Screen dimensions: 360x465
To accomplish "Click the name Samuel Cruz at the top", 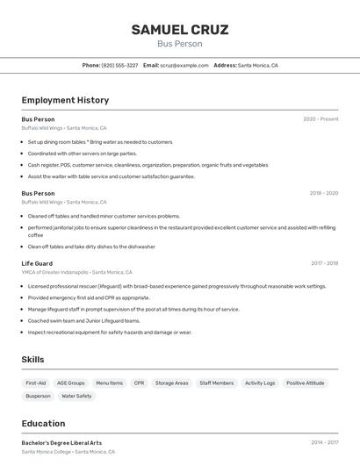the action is [x=180, y=30].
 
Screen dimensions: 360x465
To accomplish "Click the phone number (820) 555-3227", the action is [x=119, y=65].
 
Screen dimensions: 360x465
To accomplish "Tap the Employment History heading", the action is [x=65, y=100].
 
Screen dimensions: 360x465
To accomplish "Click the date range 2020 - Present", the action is [x=320, y=118].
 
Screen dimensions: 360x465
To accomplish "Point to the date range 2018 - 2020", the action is [x=323, y=193].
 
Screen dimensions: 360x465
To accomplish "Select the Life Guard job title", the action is [x=37, y=263].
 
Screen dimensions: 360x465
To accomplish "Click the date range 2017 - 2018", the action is [x=325, y=263].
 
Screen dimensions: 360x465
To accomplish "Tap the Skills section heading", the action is [x=32, y=359].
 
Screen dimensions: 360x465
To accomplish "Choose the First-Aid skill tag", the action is [x=36, y=383].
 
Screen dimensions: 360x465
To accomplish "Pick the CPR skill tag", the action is [x=139, y=383].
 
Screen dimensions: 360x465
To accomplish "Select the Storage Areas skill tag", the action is [x=171, y=383].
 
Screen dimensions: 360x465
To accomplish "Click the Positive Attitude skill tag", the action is [x=305, y=383].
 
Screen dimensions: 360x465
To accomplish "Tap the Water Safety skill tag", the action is [x=76, y=396].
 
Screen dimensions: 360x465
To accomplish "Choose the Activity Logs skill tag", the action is [x=259, y=383].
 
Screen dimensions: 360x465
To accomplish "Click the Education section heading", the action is [x=43, y=423].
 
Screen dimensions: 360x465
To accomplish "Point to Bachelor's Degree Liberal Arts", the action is [x=61, y=443].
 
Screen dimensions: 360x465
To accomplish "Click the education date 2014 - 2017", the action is [x=325, y=443].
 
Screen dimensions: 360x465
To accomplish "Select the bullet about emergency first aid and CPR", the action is [x=89, y=297].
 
